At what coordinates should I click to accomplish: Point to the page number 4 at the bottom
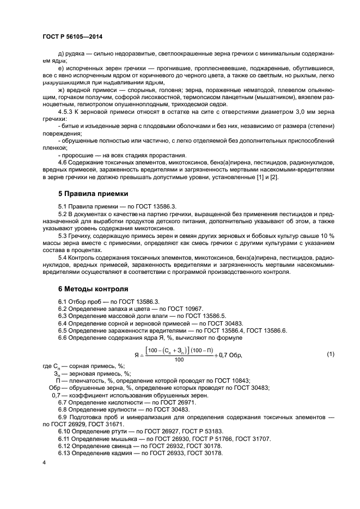coord(44,463)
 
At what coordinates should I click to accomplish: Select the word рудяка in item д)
coord(75,53)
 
